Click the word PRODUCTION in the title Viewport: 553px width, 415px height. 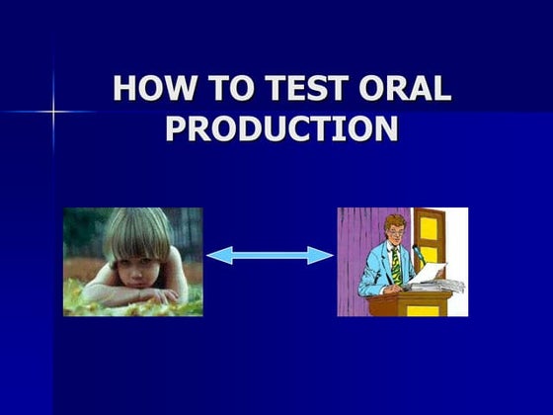point(281,129)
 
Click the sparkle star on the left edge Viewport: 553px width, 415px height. point(51,111)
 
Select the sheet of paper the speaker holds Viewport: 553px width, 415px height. point(431,274)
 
